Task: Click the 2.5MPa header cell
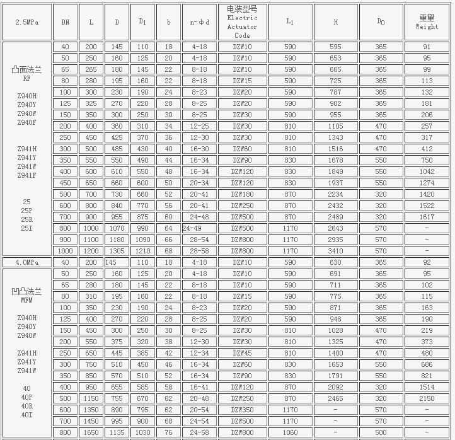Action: pyautogui.click(x=26, y=21)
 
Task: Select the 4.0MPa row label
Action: pyautogui.click(x=26, y=262)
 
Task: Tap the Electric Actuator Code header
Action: pyautogui.click(x=242, y=21)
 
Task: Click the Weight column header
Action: pyautogui.click(x=427, y=21)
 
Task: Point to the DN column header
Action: pyautogui.click(x=66, y=21)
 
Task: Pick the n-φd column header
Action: pyautogui.click(x=199, y=21)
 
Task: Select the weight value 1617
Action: pyautogui.click(x=427, y=217)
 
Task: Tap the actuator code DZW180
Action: pyautogui.click(x=242, y=194)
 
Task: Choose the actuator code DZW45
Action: pyautogui.click(x=242, y=353)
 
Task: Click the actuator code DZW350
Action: pyautogui.click(x=242, y=410)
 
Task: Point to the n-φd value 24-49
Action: pyautogui.click(x=192, y=228)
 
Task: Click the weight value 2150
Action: pyautogui.click(x=427, y=398)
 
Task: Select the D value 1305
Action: pyautogui.click(x=117, y=251)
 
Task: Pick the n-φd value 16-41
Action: pyautogui.click(x=199, y=387)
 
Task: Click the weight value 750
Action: pyautogui.click(x=427, y=160)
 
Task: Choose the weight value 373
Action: pyautogui.click(x=427, y=342)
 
